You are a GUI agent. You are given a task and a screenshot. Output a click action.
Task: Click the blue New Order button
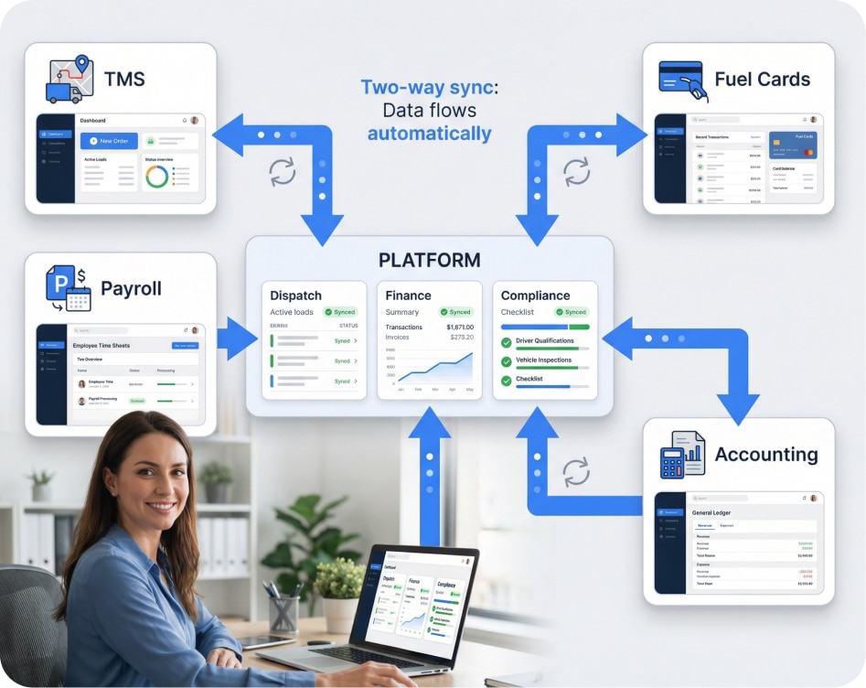[x=108, y=140]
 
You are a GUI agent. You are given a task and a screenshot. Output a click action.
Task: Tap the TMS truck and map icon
[x=69, y=80]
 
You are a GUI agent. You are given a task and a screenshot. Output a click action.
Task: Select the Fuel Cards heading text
[x=762, y=79]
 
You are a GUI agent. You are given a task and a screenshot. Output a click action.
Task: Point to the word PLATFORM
[x=429, y=260]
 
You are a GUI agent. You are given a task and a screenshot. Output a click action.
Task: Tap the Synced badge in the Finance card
[x=455, y=312]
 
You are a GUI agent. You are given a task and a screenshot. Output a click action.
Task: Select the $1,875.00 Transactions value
[x=459, y=327]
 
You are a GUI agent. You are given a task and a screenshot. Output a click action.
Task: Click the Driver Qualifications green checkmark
[x=507, y=342]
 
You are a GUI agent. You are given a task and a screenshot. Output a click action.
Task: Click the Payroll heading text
[x=131, y=288]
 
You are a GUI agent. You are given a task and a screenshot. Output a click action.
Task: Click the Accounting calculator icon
[x=681, y=455]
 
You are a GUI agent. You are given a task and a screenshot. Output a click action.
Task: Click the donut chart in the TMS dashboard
[x=156, y=176]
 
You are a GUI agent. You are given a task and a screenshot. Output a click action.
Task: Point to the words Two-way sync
[x=426, y=88]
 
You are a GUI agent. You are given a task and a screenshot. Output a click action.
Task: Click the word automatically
[x=429, y=134]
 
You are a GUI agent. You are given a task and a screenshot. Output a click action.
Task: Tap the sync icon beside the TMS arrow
[x=282, y=171]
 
